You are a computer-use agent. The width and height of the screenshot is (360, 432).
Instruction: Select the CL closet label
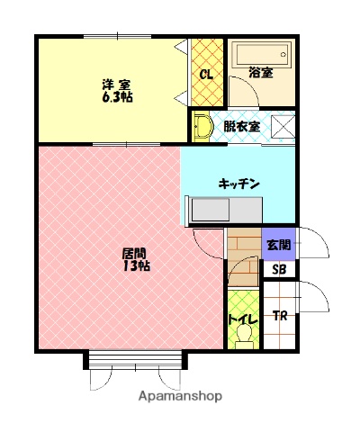coord(206,74)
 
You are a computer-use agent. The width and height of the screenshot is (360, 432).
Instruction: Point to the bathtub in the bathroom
coord(260,57)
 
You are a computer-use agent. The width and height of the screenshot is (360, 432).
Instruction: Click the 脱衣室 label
coord(241,127)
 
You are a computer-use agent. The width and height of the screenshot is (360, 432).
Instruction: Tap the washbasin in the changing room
coord(202,126)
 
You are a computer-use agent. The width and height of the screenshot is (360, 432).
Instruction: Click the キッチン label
coord(238,184)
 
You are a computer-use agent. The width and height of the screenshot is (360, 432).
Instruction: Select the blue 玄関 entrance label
coord(277,243)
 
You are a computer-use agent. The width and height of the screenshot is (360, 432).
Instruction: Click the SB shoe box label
coord(277,267)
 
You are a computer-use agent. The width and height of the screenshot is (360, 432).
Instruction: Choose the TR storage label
coord(280,315)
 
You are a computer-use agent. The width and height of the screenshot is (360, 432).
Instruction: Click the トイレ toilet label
coord(242,319)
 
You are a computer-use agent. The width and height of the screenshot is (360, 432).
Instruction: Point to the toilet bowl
coord(242,336)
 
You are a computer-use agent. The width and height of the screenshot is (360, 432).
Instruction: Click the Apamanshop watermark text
coord(179,397)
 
